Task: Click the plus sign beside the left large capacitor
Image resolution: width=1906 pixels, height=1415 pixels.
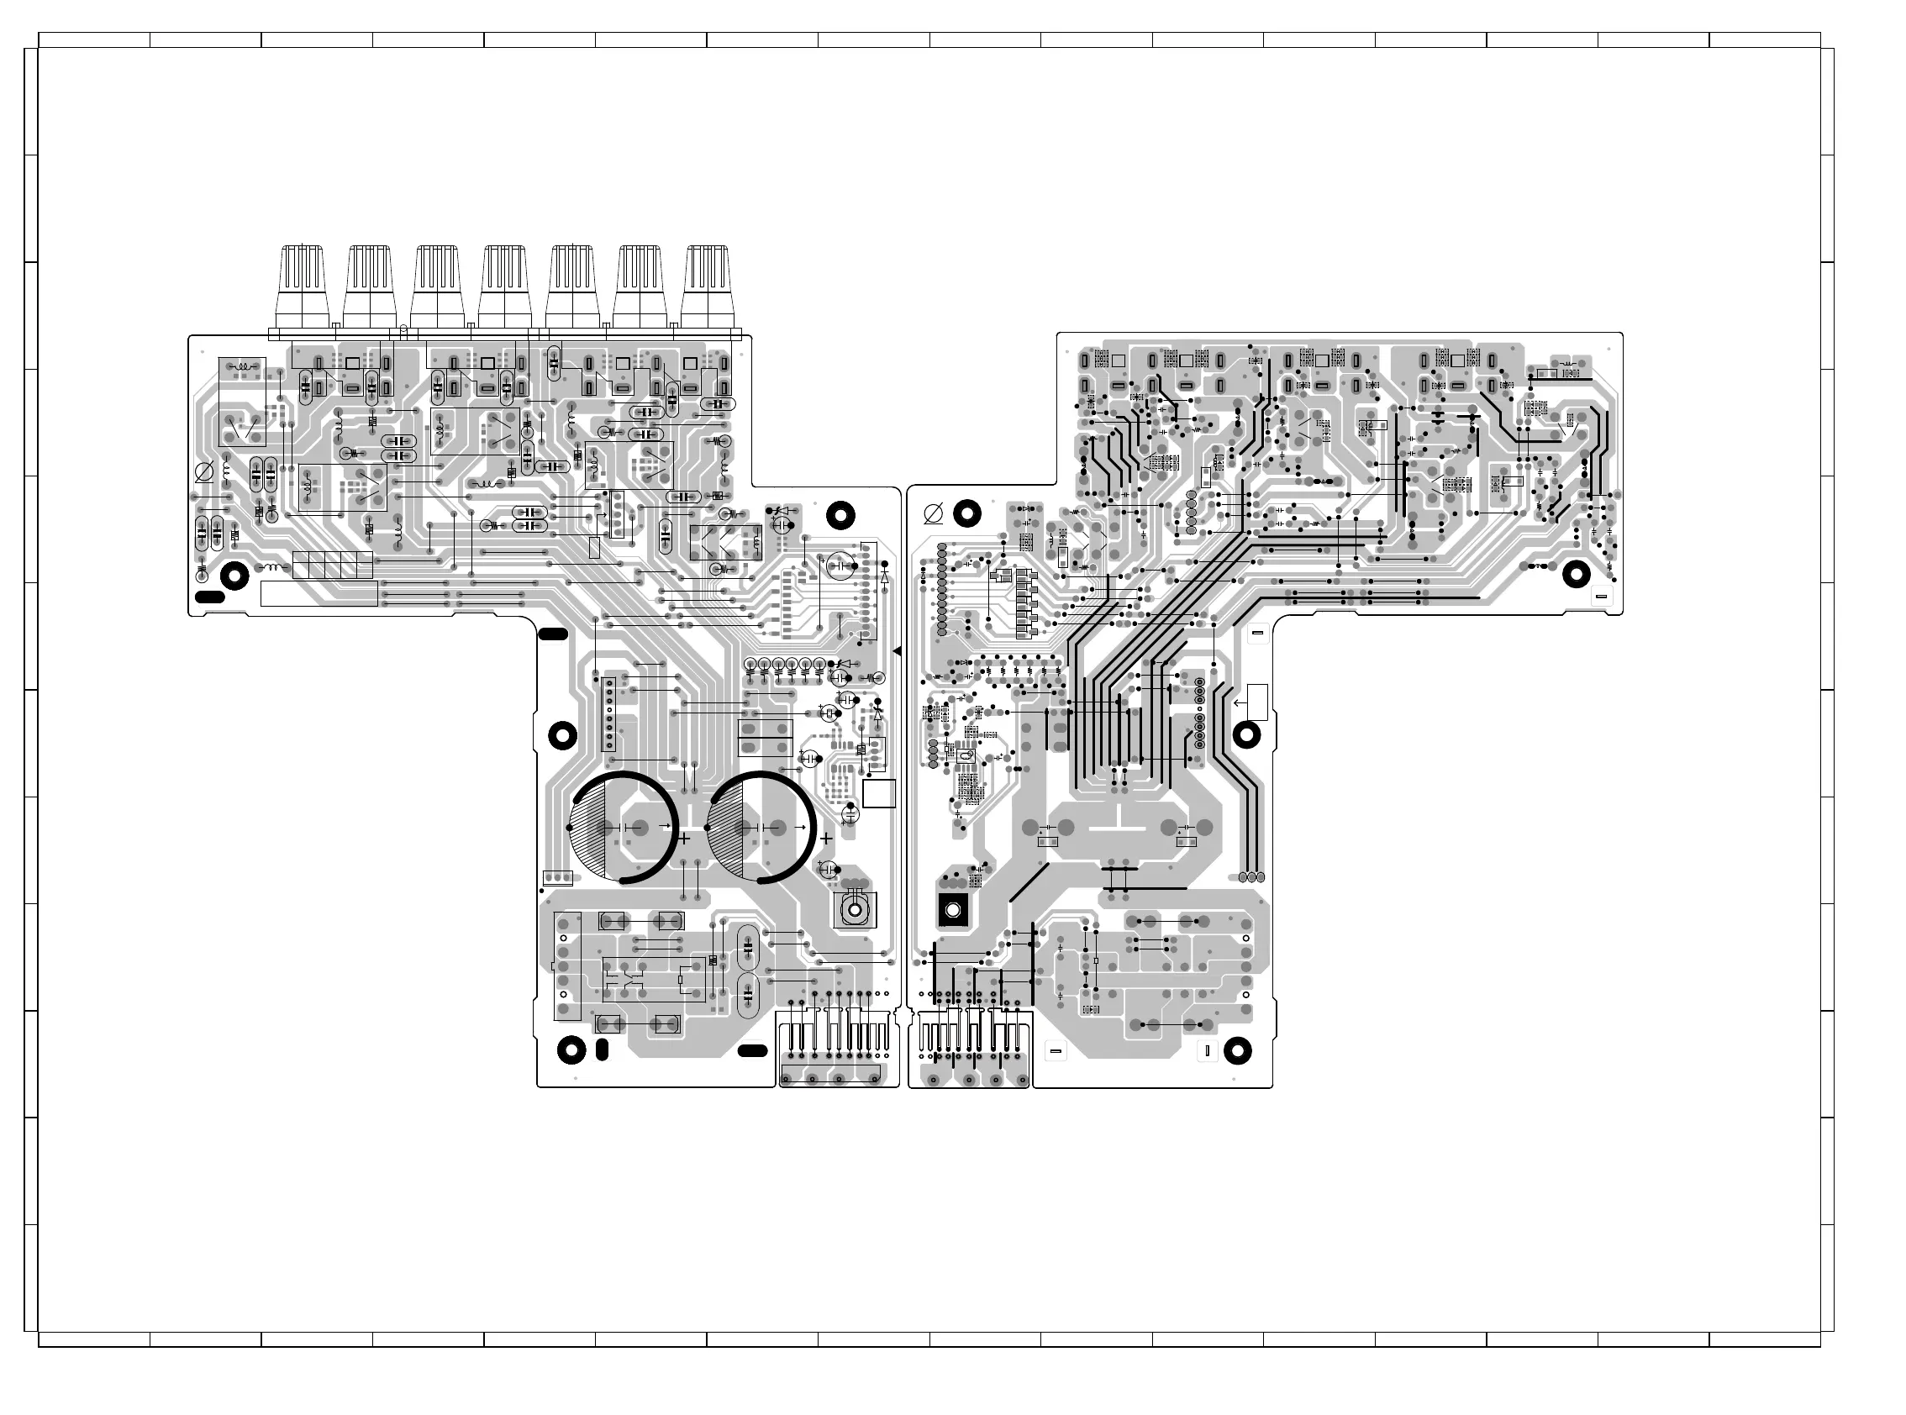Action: pyautogui.click(x=683, y=839)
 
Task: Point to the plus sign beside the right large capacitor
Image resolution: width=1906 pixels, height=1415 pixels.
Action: pyautogui.click(x=826, y=839)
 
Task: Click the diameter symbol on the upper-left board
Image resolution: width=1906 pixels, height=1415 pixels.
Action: pyautogui.click(x=205, y=471)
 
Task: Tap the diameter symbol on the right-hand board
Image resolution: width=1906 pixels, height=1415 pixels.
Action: pyautogui.click(x=934, y=514)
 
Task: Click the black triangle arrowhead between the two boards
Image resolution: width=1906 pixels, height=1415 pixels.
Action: pyautogui.click(x=897, y=652)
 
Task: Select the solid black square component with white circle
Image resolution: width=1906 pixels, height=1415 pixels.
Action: pyautogui.click(x=952, y=910)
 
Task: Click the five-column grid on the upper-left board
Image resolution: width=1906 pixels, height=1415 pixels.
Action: pyautogui.click(x=332, y=565)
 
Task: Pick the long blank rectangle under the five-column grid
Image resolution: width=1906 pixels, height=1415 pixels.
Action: pyautogui.click(x=317, y=593)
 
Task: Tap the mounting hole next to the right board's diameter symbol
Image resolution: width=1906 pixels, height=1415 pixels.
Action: pyautogui.click(x=967, y=513)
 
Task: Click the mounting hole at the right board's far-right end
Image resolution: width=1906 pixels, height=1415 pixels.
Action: pyautogui.click(x=1577, y=574)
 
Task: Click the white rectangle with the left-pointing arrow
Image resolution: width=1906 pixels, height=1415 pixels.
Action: pyautogui.click(x=1256, y=702)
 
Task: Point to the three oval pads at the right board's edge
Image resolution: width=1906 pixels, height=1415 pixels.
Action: pyautogui.click(x=1251, y=877)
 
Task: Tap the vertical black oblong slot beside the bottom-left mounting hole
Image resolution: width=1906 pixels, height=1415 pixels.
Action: pyautogui.click(x=602, y=1049)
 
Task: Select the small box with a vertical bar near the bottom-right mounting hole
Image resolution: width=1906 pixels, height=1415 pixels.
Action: pyautogui.click(x=1207, y=1049)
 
